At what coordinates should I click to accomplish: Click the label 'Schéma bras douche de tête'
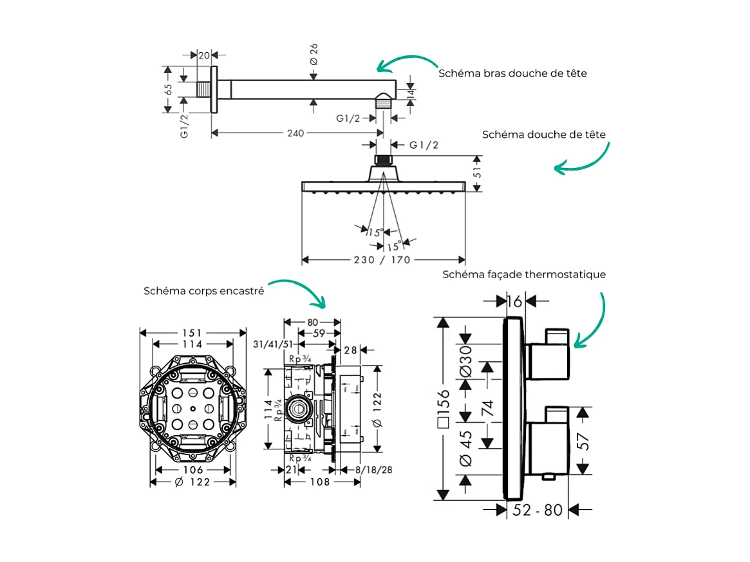(x=512, y=73)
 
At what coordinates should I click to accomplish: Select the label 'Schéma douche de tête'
(x=544, y=135)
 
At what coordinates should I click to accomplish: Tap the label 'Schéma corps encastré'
(x=203, y=291)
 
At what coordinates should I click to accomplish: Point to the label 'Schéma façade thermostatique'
(x=524, y=275)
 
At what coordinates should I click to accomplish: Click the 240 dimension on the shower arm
(x=295, y=133)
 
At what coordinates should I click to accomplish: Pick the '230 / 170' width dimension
(x=384, y=259)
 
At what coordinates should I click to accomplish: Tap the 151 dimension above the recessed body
(x=192, y=333)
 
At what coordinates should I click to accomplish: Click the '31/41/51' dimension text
(x=273, y=345)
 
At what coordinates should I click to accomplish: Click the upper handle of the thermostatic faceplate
(x=549, y=353)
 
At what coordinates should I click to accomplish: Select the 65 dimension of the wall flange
(x=169, y=89)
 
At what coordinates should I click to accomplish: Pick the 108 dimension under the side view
(x=320, y=482)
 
